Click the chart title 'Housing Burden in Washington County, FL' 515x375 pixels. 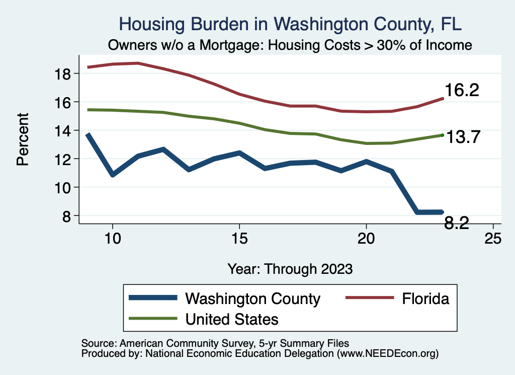click(x=290, y=24)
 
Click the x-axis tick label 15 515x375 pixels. click(x=239, y=238)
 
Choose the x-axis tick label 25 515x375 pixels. click(x=493, y=238)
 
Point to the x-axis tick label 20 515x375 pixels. click(x=366, y=238)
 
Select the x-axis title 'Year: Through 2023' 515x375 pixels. click(x=290, y=268)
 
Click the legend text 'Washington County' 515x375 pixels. click(x=252, y=298)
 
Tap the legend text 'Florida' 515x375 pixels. click(x=425, y=298)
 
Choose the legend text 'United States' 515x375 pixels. click(x=232, y=319)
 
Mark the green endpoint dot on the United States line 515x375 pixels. click(x=442, y=135)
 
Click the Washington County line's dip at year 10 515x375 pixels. click(x=113, y=175)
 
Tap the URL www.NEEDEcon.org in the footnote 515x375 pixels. click(x=387, y=354)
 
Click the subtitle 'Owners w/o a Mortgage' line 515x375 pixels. click(x=290, y=45)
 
